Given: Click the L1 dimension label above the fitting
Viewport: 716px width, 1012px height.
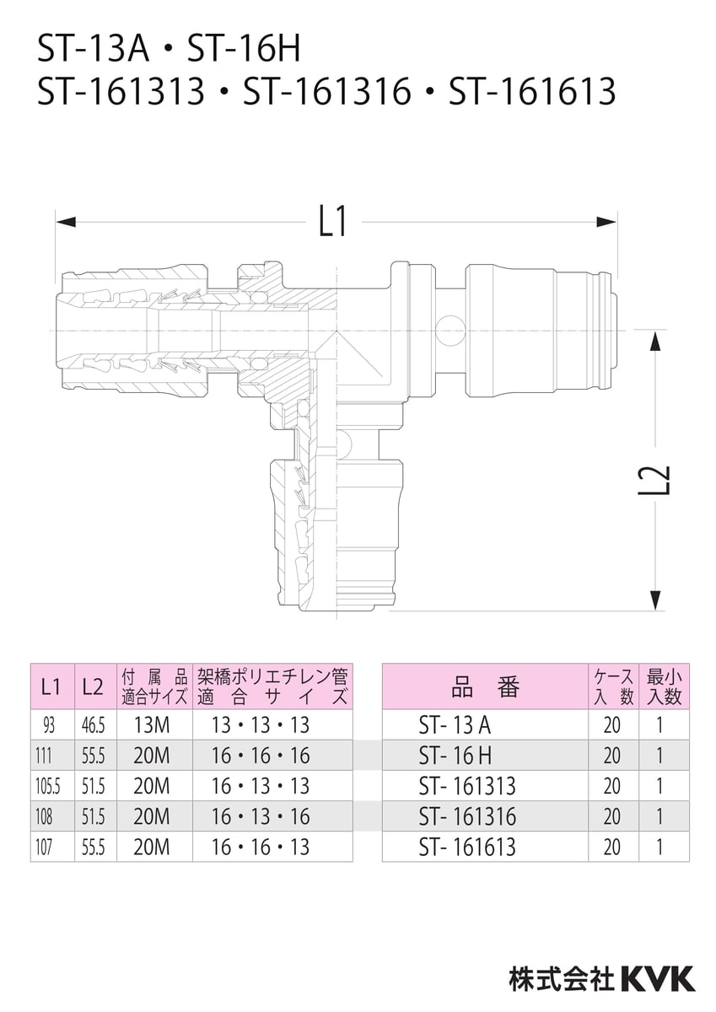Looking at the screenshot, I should click(x=333, y=222).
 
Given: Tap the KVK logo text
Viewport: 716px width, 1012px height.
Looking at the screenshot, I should click(x=659, y=977).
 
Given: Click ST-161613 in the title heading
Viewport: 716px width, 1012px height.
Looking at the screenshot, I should click(x=532, y=91).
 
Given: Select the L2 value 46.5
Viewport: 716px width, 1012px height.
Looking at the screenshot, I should click(x=93, y=724).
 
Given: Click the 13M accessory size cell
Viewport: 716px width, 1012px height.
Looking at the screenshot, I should click(x=152, y=724).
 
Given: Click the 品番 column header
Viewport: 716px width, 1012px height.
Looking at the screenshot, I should click(x=485, y=686).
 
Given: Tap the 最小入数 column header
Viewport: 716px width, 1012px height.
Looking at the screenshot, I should click(x=664, y=686).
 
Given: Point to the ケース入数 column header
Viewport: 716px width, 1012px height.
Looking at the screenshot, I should click(x=613, y=686).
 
